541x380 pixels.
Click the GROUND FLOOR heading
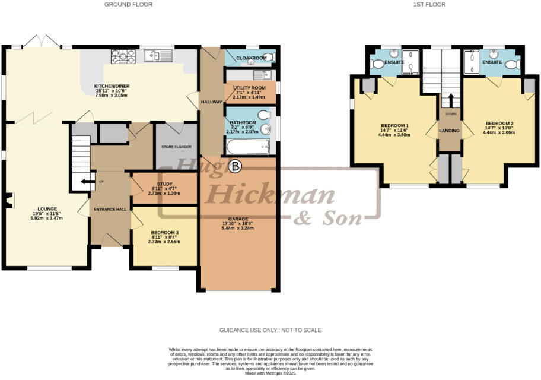coord(128,4)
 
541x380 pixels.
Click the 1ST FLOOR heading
coord(429,4)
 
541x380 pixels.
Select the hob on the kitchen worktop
coord(123,56)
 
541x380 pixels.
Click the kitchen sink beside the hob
coord(158,56)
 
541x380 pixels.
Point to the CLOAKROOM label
coord(250,58)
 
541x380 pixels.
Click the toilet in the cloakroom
coord(269,58)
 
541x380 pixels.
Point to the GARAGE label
coord(238,218)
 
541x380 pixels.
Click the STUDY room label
coord(164,184)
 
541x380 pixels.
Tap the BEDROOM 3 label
coord(164,232)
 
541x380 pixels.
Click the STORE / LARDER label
coord(176,147)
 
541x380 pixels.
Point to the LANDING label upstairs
coord(450,131)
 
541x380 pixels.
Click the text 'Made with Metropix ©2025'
coord(270,373)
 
